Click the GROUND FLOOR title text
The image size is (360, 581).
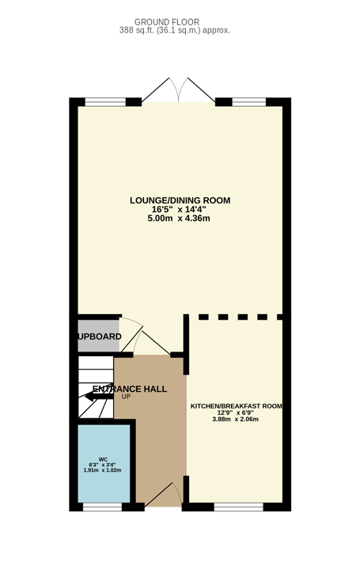pos(167,22)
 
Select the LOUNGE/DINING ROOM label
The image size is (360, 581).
pos(180,200)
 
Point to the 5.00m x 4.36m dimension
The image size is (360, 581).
pos(179,218)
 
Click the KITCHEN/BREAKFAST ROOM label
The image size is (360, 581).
pos(237,406)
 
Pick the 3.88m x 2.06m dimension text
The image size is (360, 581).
pos(236,420)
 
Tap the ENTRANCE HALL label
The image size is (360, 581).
pos(130,389)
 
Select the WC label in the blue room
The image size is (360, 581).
pos(104,459)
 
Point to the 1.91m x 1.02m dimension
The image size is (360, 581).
pos(103,470)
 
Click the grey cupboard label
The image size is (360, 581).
pos(99,336)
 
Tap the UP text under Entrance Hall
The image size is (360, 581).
pos(126,397)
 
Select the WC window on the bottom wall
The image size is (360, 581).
pos(103,507)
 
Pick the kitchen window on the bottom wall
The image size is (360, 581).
pos(238,507)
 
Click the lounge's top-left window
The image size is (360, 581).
pos(105,102)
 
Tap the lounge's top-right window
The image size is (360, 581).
pos(249,102)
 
